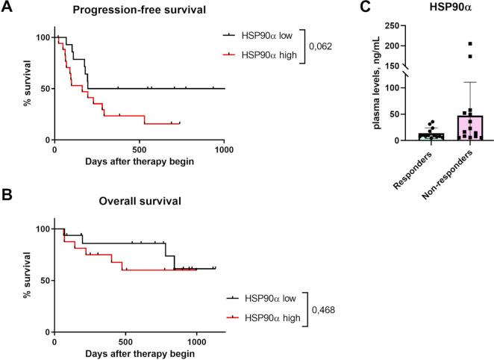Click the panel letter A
(x=7, y=9)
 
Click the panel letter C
(x=344, y=9)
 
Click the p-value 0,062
(x=323, y=46)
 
